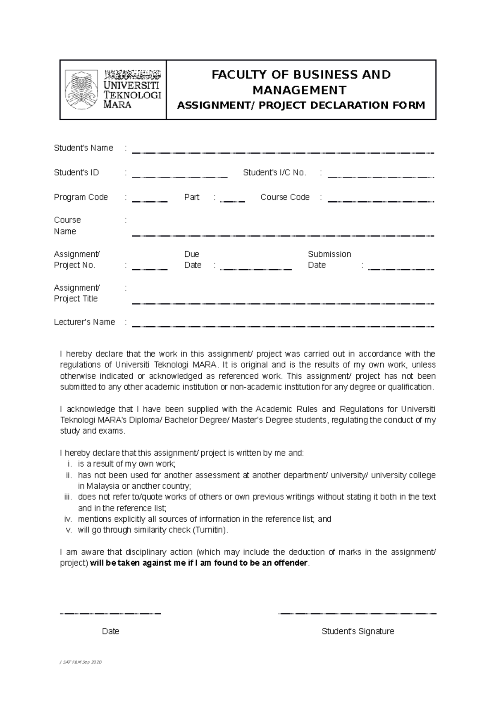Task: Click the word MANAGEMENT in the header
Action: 300,90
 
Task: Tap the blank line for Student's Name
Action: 283,153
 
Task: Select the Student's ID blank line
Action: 180,177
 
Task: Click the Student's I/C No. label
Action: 274,173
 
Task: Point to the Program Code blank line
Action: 150,201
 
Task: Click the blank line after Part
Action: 233,201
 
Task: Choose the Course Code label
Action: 285,197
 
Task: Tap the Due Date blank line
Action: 256,269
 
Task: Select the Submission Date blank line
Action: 401,269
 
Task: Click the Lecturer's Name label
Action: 84,322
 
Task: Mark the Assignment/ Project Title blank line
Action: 283,303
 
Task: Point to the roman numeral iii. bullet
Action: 68,497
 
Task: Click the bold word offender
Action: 293,563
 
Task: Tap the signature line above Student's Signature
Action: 358,614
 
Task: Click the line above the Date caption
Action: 110,614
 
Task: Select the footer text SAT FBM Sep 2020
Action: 81,662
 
